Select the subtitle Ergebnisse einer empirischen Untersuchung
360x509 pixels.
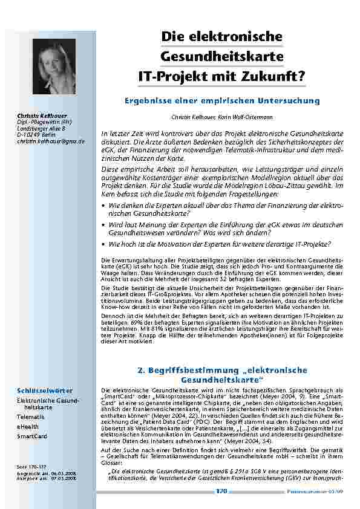click(221, 100)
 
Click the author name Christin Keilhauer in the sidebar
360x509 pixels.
click(42, 115)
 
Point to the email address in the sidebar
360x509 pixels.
click(51, 141)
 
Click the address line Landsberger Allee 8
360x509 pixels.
click(41, 128)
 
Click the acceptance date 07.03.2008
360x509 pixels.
click(61, 479)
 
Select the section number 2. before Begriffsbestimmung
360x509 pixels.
click(142, 370)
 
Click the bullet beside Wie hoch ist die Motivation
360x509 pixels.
click(104, 245)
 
